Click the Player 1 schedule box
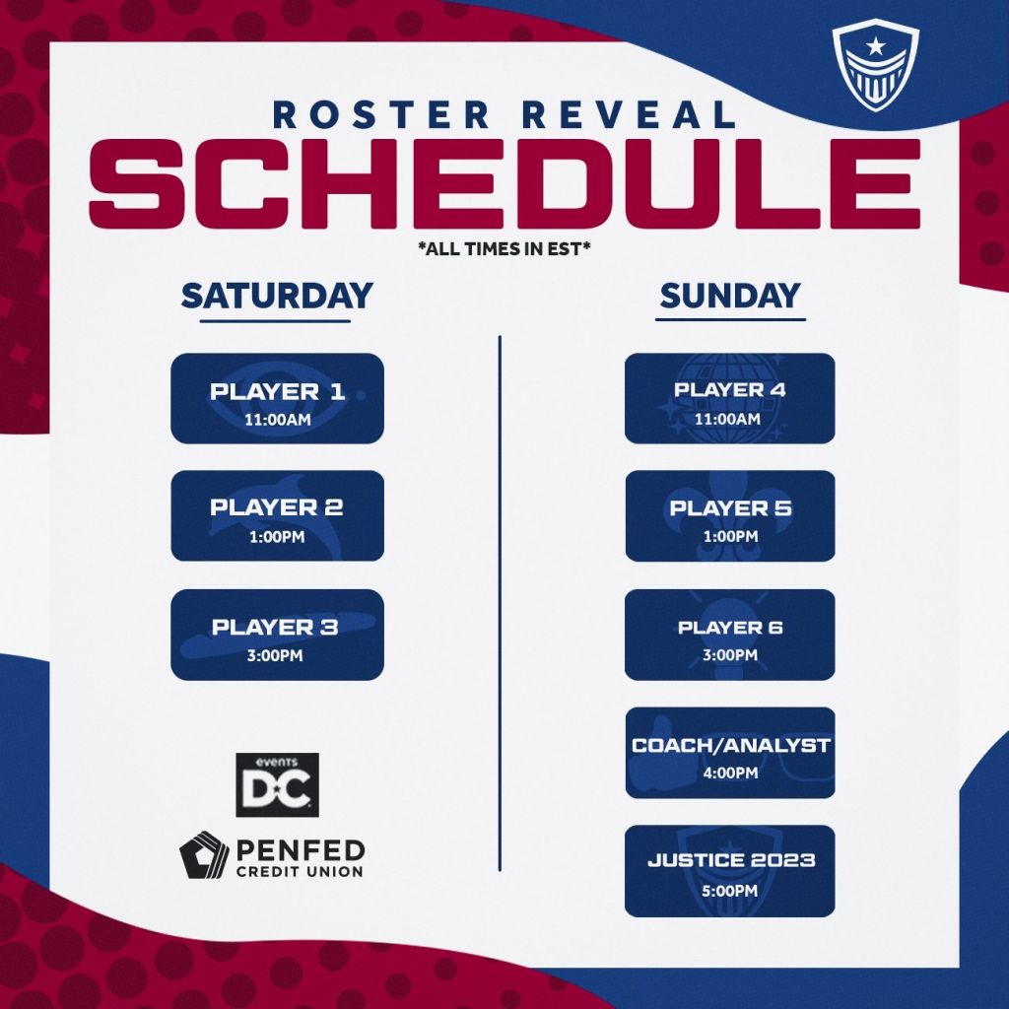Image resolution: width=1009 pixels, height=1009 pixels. [277, 398]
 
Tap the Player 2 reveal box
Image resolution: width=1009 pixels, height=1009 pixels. [277, 515]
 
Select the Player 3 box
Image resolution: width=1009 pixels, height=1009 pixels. [277, 635]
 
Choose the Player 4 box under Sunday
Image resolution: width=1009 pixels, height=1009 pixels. [730, 398]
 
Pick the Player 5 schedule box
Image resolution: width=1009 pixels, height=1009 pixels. [730, 515]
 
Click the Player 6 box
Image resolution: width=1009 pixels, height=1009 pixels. [730, 635]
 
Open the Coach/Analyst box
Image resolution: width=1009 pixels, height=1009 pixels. [730, 753]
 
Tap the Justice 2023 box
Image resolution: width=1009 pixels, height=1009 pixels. [730, 871]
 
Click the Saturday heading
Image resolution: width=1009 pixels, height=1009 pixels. [277, 296]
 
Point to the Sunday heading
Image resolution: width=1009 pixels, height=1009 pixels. [730, 296]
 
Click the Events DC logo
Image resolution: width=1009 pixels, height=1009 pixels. [277, 785]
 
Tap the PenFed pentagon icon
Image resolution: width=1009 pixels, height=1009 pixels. [203, 854]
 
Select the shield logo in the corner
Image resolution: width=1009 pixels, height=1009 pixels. [875, 67]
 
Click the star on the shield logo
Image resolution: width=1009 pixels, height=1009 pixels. [875, 45]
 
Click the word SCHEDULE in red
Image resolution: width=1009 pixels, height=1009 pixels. [504, 184]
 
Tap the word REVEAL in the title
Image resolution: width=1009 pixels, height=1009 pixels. [629, 114]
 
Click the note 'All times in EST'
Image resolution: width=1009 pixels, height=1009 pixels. [504, 247]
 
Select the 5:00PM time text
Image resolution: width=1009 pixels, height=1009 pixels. [730, 891]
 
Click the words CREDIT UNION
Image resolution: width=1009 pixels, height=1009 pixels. [300, 871]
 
